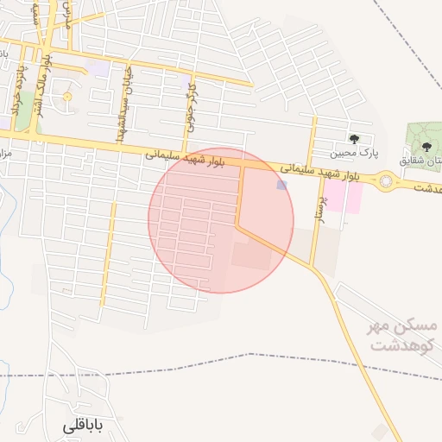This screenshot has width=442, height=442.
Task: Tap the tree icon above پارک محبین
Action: [x=354, y=139]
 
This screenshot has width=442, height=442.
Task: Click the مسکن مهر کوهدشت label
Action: [x=404, y=335]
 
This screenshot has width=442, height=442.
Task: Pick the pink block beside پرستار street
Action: [x=344, y=197]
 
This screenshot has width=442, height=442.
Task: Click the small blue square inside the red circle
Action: [x=281, y=185]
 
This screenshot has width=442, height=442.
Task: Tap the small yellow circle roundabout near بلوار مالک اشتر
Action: [x=66, y=97]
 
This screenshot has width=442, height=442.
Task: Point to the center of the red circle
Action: [x=221, y=220]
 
